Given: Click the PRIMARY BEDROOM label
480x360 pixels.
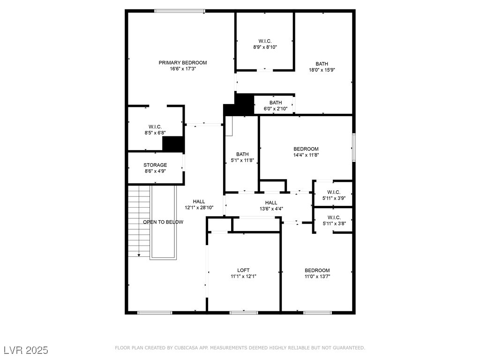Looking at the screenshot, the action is (x=183, y=63).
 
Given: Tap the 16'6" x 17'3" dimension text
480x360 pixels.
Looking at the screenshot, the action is (x=183, y=69).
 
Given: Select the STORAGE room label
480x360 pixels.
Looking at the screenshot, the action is (x=155, y=165).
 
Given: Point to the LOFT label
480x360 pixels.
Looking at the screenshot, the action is (x=243, y=270).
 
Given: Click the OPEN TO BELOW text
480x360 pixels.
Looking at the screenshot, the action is (x=163, y=222).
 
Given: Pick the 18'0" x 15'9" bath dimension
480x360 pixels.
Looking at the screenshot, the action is (x=322, y=70).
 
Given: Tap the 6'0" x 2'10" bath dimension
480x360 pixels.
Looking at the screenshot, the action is (x=276, y=109).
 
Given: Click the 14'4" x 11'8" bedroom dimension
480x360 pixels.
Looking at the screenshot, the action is (x=306, y=155).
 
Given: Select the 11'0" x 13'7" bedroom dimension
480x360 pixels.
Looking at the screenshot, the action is (x=317, y=277).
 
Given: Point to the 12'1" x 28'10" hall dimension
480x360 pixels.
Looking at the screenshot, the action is (x=199, y=208).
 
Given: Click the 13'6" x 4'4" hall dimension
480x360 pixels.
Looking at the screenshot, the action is (x=271, y=209).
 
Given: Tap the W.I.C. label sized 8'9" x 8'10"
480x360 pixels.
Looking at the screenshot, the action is (x=265, y=41).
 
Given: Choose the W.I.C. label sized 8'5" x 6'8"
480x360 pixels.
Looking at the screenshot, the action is (x=155, y=127).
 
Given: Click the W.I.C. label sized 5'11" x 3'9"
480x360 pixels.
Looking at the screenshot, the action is (x=334, y=192).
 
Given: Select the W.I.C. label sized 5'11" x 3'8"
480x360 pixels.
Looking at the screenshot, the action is (x=334, y=217).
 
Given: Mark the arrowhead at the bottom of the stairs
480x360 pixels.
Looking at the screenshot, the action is (x=139, y=255).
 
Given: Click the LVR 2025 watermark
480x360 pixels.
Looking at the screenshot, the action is (x=26, y=350).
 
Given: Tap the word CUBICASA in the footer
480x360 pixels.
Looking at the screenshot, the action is (x=187, y=348).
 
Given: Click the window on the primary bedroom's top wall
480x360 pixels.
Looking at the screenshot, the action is (x=180, y=11).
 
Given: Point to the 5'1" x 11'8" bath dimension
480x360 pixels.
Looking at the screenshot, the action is (x=242, y=160).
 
